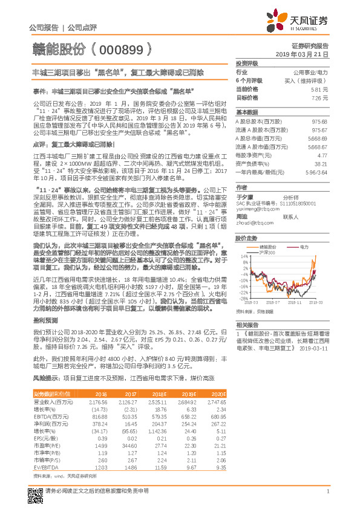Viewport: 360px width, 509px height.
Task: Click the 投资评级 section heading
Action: tap(247, 63)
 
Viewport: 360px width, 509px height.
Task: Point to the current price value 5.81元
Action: tap(319, 88)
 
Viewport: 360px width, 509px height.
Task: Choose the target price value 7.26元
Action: tap(319, 97)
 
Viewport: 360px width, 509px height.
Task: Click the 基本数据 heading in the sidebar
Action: tap(247, 112)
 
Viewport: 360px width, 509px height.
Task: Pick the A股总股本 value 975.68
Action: tap(319, 122)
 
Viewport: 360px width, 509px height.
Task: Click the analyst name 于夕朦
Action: tap(243, 196)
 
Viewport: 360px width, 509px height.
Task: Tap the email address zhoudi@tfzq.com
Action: tap(254, 222)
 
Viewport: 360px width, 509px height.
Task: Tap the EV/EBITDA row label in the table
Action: tap(44, 468)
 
